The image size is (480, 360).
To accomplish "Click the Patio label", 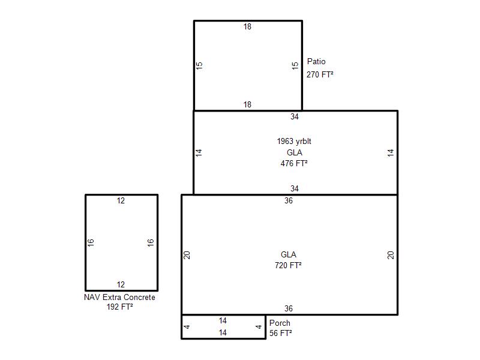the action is pos(316,62).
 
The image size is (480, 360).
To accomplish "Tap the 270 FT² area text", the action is pos(320,74).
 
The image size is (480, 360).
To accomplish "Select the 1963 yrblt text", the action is pos(294,141).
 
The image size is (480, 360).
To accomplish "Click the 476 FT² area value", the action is pos(294,163).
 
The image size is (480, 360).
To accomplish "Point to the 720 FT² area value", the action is pos(288,265).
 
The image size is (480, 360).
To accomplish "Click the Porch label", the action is pos(280,323).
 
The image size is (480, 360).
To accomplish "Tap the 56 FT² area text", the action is pos(281,333).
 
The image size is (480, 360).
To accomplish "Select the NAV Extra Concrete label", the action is pos(119,297).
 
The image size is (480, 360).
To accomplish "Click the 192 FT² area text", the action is pos(119,307).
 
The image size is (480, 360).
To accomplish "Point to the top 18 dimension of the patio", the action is pos(247,26).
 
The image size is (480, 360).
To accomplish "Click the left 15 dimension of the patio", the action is pos(199,65).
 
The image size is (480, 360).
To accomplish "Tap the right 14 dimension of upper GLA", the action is pos(391,152).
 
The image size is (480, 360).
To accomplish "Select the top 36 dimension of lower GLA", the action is pos(289,200).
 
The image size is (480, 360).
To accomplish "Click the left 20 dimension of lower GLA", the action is pos(187,255).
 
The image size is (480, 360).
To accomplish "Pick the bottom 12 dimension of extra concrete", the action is pos(121,284).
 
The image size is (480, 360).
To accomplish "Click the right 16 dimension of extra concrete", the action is pos(151,243).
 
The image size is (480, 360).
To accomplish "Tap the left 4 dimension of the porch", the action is pos(187,326).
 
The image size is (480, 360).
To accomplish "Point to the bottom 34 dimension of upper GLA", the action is pos(295,188).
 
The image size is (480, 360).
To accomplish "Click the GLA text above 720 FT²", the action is pos(289,254).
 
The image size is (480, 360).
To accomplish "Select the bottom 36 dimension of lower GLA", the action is pos(289,308).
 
